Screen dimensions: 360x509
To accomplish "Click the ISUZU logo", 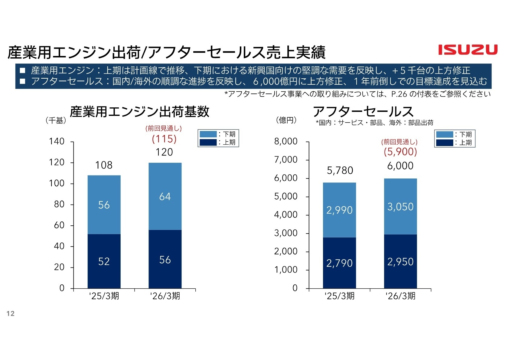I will [x=468, y=50].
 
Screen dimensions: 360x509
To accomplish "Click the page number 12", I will [x=11, y=313].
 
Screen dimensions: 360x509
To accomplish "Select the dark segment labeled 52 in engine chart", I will [x=104, y=261].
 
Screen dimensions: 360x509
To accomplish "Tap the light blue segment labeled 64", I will [x=165, y=197].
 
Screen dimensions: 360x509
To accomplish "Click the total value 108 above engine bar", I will [x=104, y=165].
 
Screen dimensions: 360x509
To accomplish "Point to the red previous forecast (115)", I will [x=164, y=139].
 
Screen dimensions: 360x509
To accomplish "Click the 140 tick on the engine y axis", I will [x=57, y=141].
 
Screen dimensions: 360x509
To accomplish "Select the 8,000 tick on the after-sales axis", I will [x=286, y=141].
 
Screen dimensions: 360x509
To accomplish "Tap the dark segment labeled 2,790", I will [x=339, y=263].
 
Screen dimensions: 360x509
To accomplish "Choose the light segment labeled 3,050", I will [x=400, y=207].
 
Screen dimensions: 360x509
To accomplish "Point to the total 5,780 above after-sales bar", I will [x=340, y=171].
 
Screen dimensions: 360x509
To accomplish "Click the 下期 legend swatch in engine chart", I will [x=208, y=134].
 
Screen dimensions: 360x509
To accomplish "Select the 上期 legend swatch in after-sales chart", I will [x=445, y=142].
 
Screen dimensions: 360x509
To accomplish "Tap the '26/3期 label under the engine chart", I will [x=165, y=296].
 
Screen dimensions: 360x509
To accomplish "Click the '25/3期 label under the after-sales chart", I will [x=339, y=296].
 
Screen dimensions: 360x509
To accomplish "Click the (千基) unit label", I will [x=56, y=120].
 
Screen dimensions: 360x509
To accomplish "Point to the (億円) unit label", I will [x=286, y=120].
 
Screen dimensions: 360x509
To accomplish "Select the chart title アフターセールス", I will [x=363, y=112].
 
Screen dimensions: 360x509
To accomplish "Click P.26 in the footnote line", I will [x=399, y=94].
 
